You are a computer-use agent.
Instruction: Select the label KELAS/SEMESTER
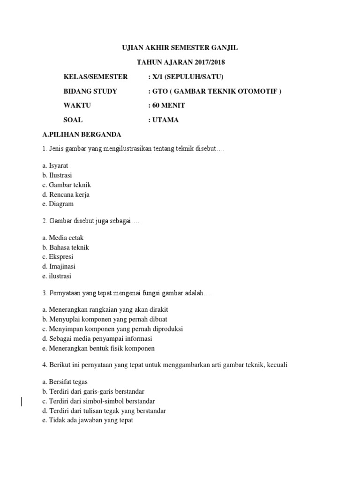coord(96,76)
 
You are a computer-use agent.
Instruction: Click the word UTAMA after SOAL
coord(165,120)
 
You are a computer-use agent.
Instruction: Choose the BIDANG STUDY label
coord(90,91)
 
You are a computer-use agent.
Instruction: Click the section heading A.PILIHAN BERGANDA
coord(82,135)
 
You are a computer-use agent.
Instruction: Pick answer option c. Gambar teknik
coord(67,185)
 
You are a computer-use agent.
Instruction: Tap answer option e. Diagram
coord(58,204)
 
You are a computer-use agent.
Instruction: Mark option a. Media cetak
coord(63,238)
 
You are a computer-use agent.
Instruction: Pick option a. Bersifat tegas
coord(65,382)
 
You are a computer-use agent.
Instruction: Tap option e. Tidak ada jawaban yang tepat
coord(88,420)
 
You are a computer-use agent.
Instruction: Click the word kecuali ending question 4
coord(275,365)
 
